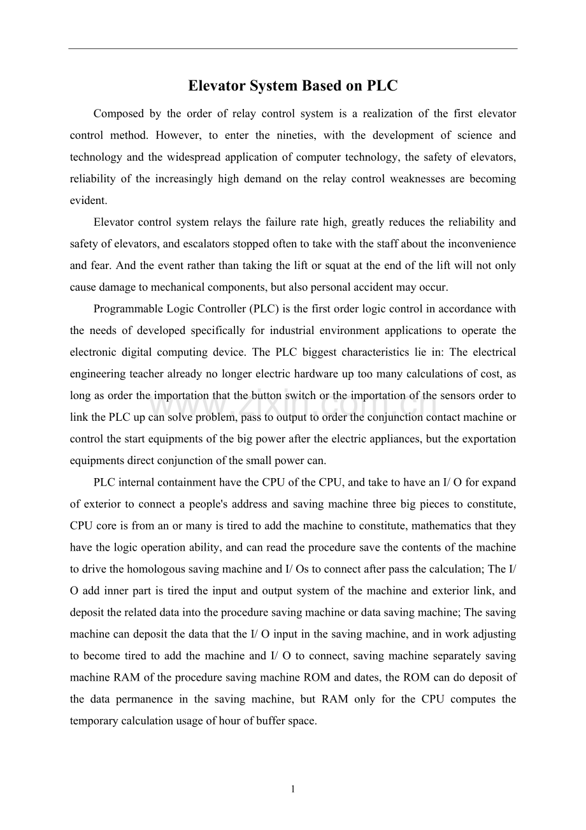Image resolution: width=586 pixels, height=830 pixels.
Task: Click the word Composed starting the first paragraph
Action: [x=118, y=114]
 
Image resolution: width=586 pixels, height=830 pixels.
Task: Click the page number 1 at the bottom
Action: [x=293, y=790]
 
